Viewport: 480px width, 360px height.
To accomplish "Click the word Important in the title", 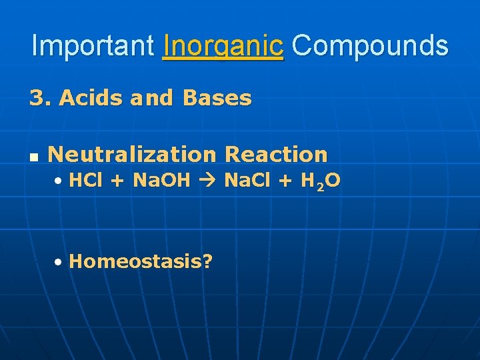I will tap(93, 46).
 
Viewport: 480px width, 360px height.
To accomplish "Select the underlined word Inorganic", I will tap(223, 46).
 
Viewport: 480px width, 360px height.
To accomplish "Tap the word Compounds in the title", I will tap(370, 46).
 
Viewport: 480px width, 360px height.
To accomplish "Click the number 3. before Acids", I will tap(40, 99).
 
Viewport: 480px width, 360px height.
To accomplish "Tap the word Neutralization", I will tap(132, 155).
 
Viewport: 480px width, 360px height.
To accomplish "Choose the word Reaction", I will tap(276, 155).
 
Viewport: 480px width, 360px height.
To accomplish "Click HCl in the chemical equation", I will tap(83, 180).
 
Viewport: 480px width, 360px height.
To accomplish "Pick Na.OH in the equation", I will tap(162, 180).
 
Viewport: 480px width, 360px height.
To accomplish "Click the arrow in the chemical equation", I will tap(207, 180).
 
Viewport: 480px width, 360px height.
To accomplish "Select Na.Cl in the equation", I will tap(246, 180).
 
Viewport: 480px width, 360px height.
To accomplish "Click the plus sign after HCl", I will tap(116, 181).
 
